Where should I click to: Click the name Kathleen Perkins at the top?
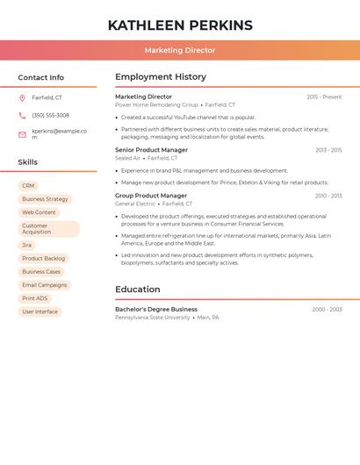180,25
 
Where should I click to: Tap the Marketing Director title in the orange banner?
180,51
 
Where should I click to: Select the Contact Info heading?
41,77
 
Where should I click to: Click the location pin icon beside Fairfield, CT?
22,98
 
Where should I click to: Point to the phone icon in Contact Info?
22,115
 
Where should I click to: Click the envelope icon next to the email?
22,134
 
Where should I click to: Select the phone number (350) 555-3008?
50,115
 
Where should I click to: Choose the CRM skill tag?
28,186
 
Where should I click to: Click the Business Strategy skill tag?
45,199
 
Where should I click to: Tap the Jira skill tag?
27,246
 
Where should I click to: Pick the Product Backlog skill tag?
44,259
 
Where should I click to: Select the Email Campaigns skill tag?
44,285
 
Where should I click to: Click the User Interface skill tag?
40,311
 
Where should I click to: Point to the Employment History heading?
161,77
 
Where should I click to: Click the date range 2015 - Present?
324,97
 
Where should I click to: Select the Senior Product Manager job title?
151,150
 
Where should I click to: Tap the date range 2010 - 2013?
328,196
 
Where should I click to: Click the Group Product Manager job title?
151,196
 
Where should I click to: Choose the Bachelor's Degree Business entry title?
156,310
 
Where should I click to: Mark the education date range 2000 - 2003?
327,310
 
